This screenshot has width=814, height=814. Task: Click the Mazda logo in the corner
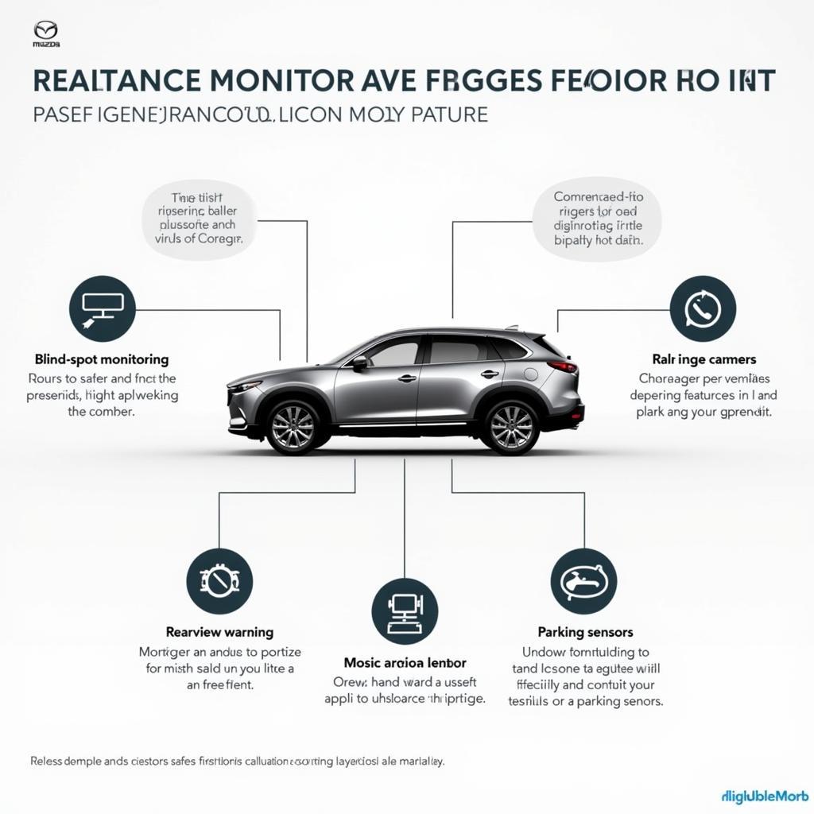pyautogui.click(x=46, y=34)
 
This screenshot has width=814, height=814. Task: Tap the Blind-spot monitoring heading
pyautogui.click(x=102, y=359)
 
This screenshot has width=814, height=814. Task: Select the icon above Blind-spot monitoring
pyautogui.click(x=102, y=308)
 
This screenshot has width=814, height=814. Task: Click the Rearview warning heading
pyautogui.click(x=219, y=633)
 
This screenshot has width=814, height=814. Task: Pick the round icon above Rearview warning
pyautogui.click(x=219, y=580)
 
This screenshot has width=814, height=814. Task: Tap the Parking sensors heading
pyautogui.click(x=585, y=632)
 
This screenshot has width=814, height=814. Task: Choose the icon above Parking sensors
pyautogui.click(x=583, y=581)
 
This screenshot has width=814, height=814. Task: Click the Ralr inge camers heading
pyautogui.click(x=704, y=359)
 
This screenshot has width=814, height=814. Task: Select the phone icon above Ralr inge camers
pyautogui.click(x=703, y=308)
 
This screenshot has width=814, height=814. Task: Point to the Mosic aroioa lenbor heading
pyautogui.click(x=405, y=661)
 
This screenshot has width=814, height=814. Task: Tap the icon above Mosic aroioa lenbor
pyautogui.click(x=405, y=610)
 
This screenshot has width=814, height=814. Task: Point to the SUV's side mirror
pyautogui.click(x=359, y=362)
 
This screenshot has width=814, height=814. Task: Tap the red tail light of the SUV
pyautogui.click(x=563, y=366)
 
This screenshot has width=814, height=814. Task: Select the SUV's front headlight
pyautogui.click(x=246, y=387)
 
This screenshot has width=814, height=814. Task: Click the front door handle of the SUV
pyautogui.click(x=407, y=378)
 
